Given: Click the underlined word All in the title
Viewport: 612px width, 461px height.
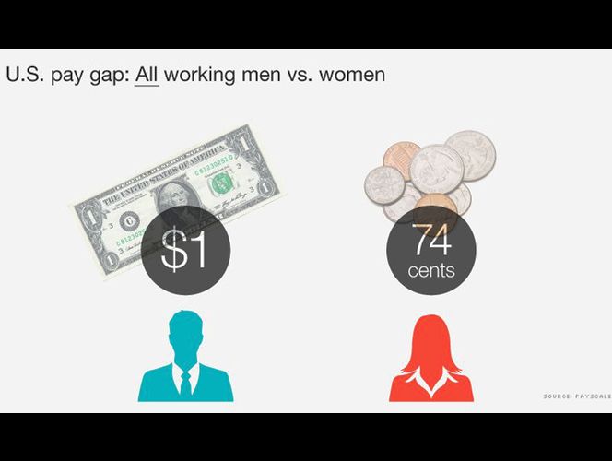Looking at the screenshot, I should click(147, 74).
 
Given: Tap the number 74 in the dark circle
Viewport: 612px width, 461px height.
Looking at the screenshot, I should click(431, 242).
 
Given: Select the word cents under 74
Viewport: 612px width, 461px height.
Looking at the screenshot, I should click(431, 272).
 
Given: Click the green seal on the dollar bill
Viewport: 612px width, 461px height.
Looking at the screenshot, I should click(220, 183).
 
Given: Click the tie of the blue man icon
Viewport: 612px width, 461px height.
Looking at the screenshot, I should click(185, 381).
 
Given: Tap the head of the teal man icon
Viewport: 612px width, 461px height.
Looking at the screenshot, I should click(185, 333).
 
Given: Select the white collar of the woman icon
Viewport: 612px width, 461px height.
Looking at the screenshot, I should click(431, 378).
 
